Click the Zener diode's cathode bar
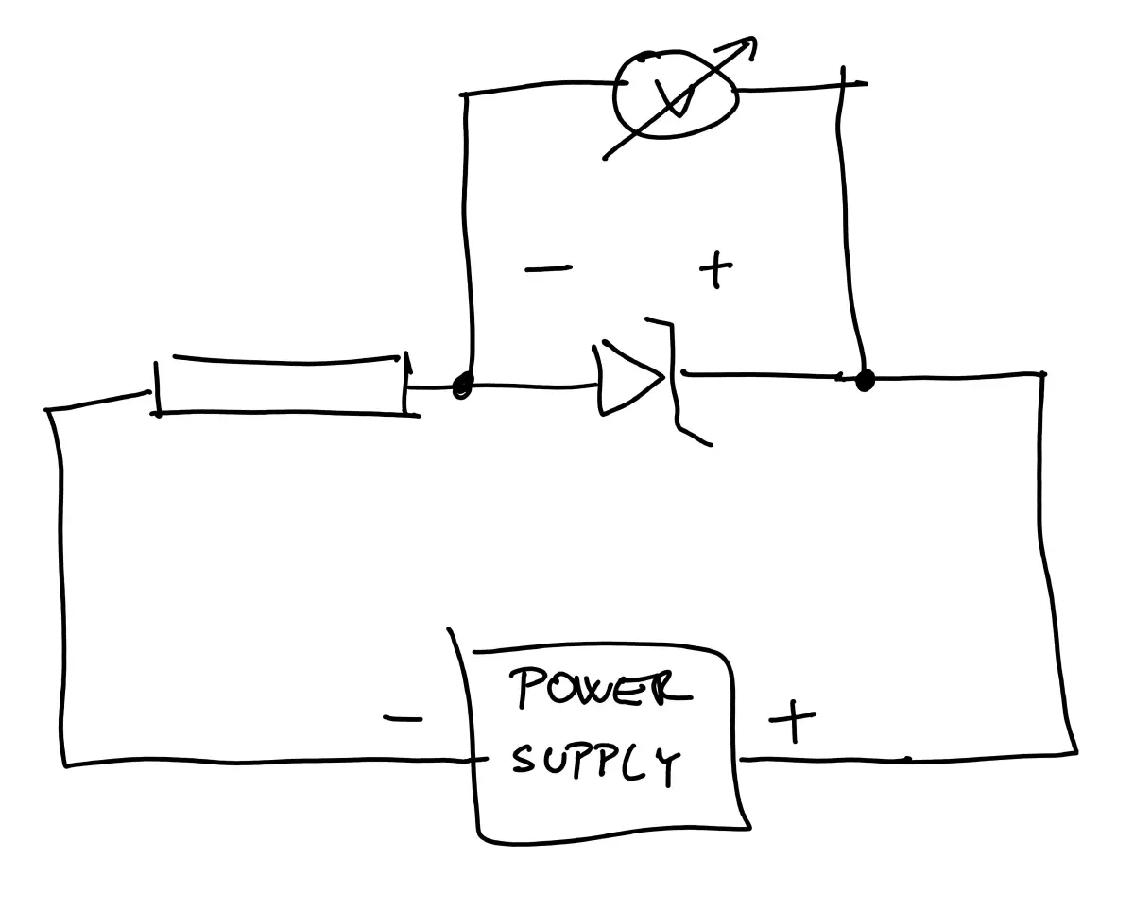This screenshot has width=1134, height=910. point(673,378)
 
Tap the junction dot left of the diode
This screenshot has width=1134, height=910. point(462,386)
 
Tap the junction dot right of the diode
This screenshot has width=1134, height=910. point(864,381)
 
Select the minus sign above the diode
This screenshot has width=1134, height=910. point(547,269)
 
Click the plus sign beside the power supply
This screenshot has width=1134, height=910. point(792,724)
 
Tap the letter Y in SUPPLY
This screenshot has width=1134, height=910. point(667,767)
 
